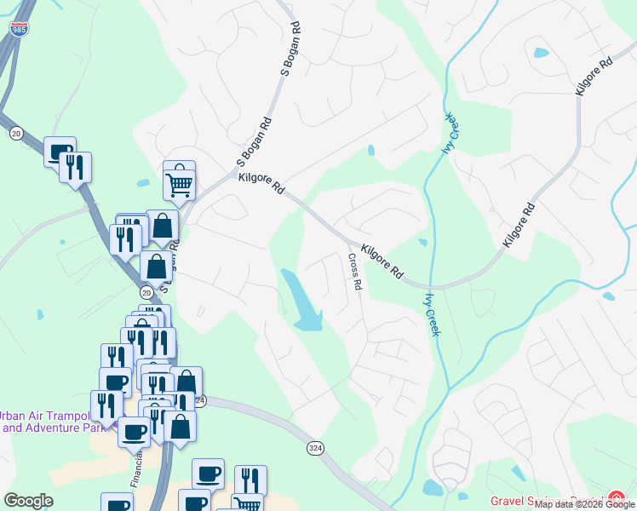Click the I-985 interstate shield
18,29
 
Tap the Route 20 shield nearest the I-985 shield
16,133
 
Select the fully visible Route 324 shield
313,448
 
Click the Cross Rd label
355,273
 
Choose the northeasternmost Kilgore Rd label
594,77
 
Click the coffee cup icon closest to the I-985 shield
60,153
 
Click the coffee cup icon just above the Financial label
134,432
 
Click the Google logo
28,501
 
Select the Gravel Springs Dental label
545,502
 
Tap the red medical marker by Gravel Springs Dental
616,500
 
